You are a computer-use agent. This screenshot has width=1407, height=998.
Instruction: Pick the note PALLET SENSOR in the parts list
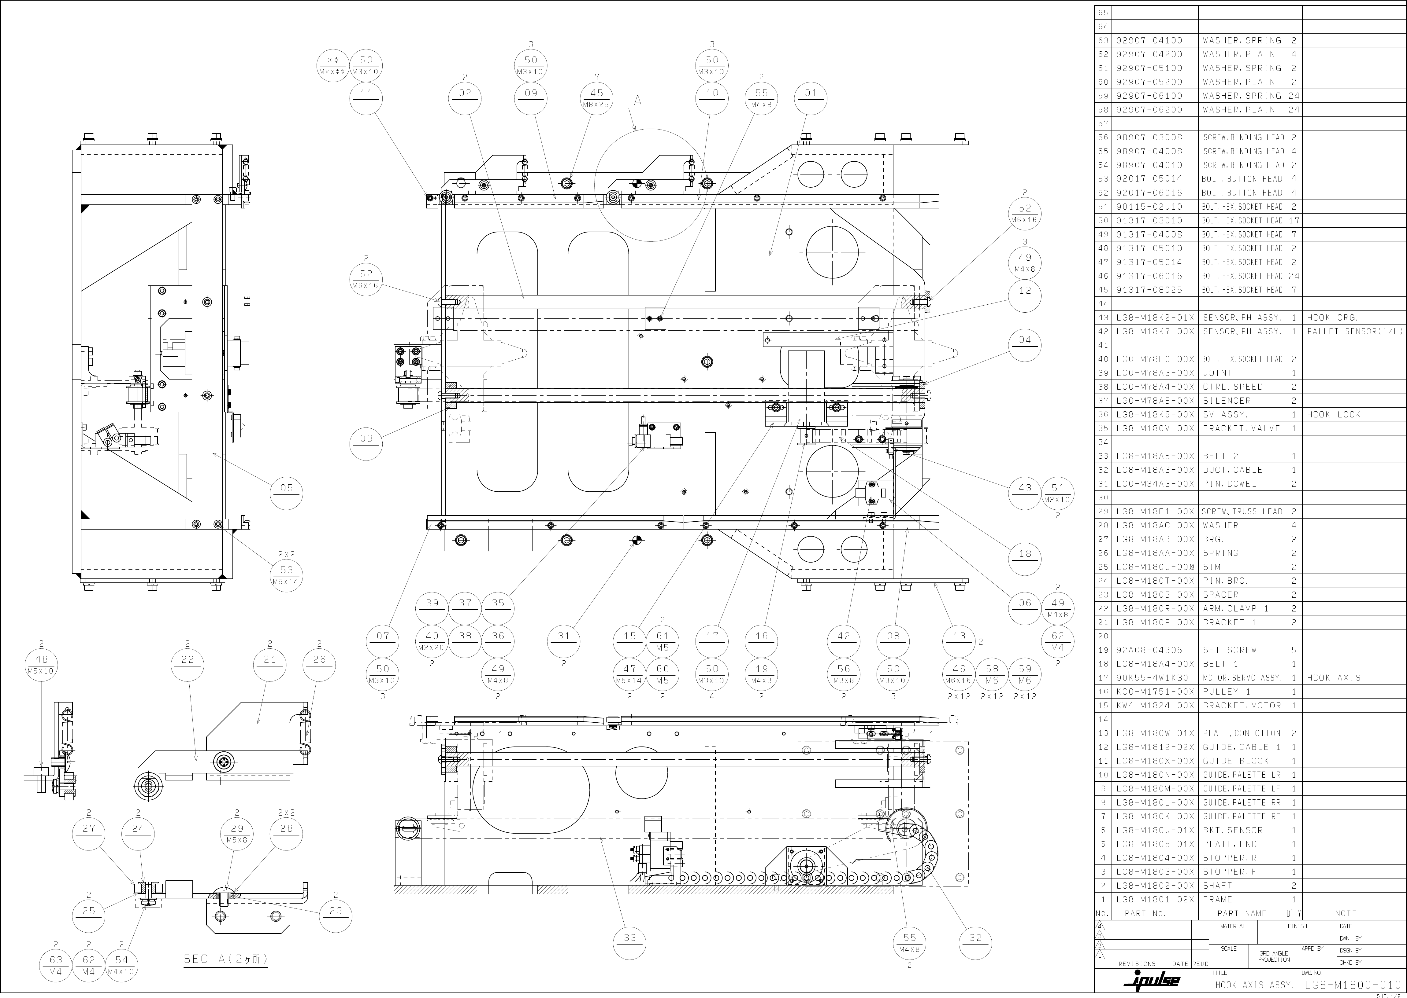[x=1355, y=331]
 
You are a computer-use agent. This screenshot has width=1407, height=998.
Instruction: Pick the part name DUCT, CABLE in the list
[x=1232, y=469]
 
